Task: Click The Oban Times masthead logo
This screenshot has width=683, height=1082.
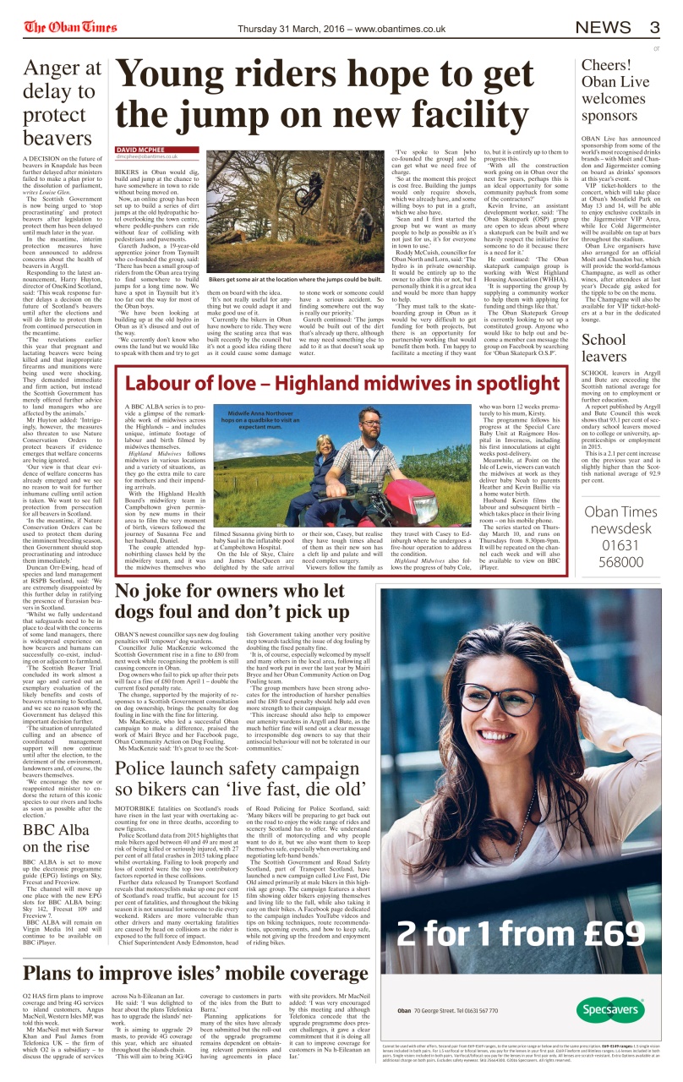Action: click(x=70, y=28)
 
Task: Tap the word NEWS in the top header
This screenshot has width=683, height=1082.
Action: click(x=603, y=27)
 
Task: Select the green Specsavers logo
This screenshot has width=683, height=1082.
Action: click(x=610, y=1010)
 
